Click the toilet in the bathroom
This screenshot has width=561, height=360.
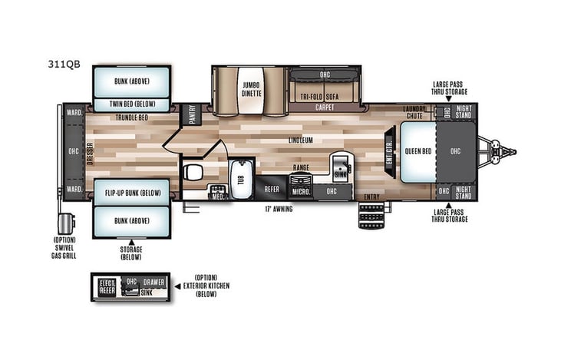(x=195, y=170)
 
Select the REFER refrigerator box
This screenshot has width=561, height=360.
(x=272, y=187)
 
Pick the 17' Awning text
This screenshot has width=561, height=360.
(x=279, y=208)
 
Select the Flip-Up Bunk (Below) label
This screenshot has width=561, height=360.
(x=133, y=192)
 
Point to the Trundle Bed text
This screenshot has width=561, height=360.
(x=132, y=117)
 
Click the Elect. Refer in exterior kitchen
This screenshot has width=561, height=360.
(x=107, y=287)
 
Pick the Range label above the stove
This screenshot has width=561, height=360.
(x=300, y=167)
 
